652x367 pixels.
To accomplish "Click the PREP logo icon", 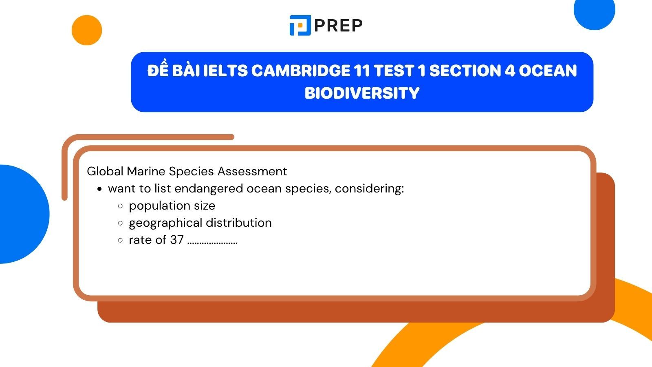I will click(x=300, y=25).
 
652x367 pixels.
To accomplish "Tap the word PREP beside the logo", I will click(x=338, y=26).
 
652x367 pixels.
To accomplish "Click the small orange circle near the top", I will click(x=86, y=30).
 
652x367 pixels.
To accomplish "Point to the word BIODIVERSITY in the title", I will click(x=362, y=93).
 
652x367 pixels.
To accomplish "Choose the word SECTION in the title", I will click(x=465, y=71).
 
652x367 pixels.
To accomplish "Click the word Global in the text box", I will click(x=105, y=171).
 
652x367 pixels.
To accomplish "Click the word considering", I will click(x=369, y=188).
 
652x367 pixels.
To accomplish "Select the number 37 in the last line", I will click(x=177, y=240).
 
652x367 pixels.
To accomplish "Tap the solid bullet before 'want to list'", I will click(x=99, y=189).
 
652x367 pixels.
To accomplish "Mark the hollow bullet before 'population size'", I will click(x=120, y=206).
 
